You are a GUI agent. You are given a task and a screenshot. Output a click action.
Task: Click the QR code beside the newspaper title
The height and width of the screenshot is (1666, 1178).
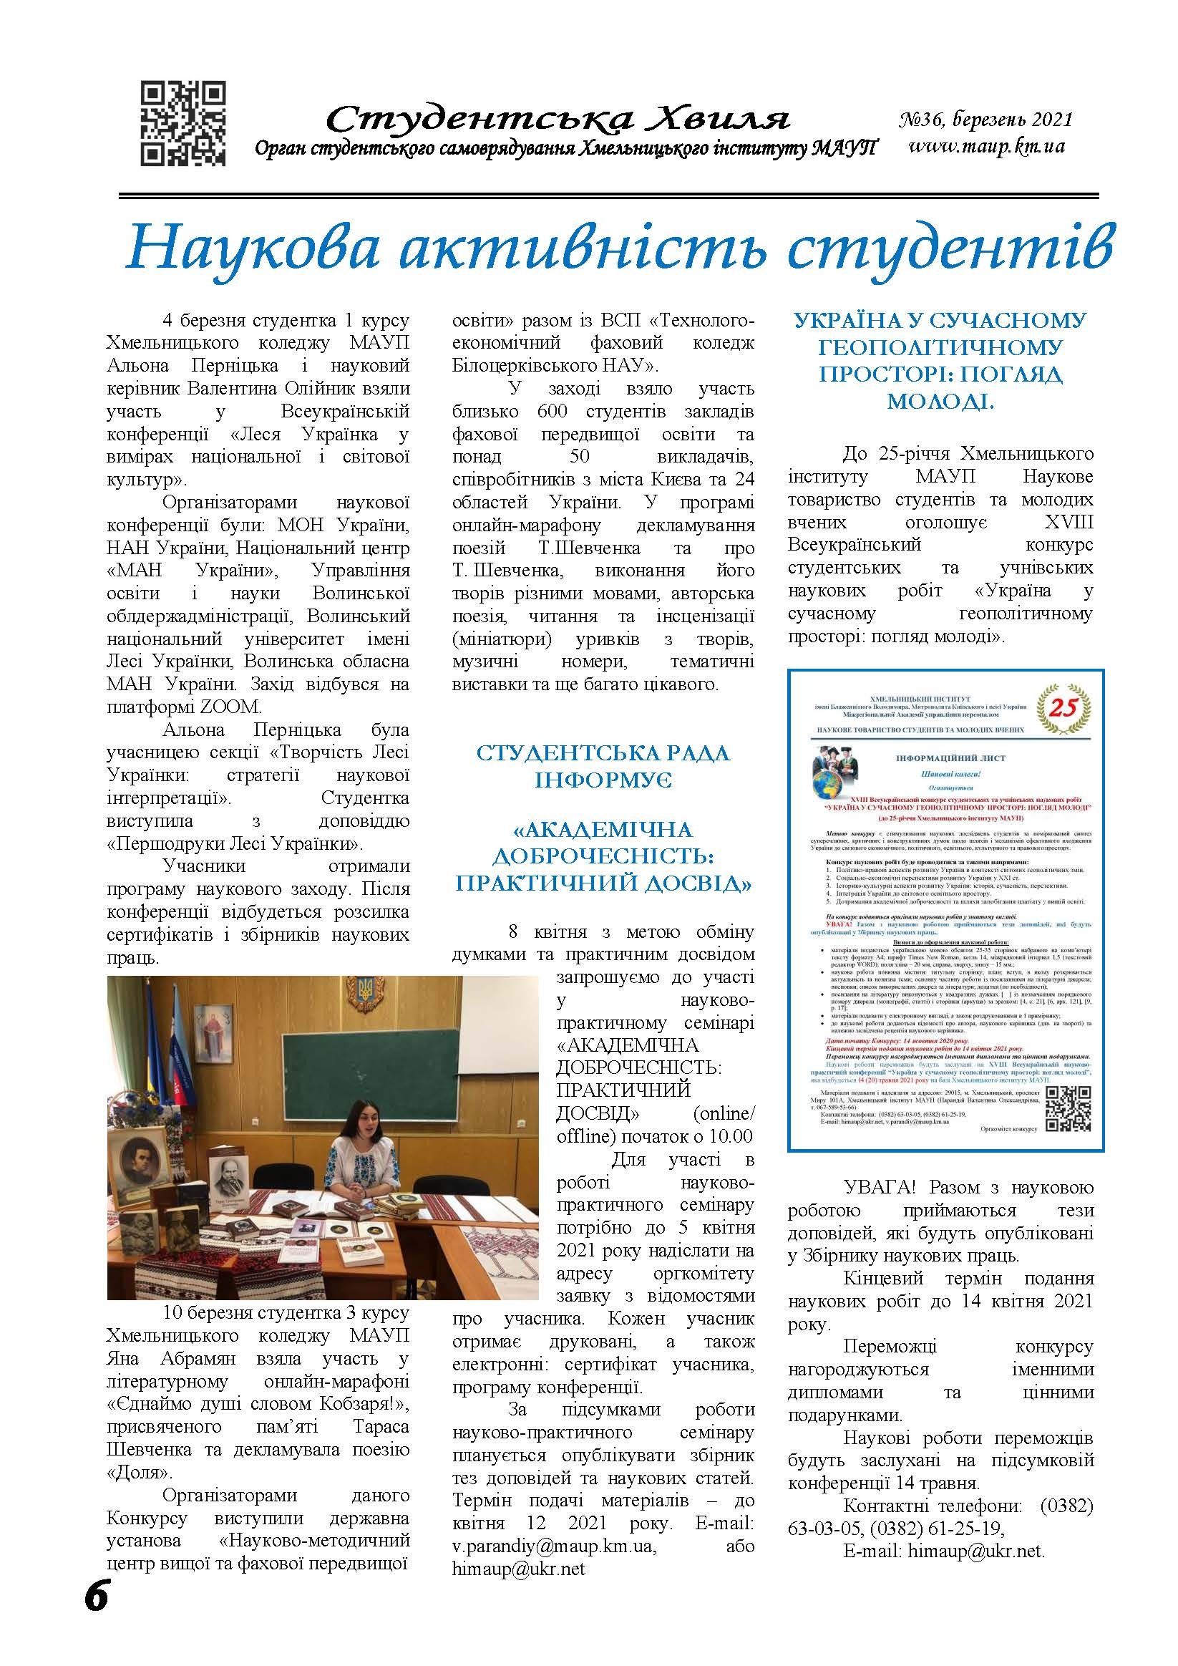182,124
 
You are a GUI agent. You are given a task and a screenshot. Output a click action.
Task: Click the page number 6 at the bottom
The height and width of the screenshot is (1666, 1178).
97,1615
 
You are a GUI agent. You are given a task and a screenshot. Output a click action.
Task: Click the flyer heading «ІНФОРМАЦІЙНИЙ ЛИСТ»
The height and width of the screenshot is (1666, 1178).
947,758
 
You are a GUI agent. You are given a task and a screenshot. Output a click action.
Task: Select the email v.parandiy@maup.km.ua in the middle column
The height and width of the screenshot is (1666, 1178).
553,1566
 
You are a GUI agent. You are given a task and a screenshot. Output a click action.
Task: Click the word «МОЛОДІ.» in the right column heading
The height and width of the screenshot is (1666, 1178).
940,399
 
